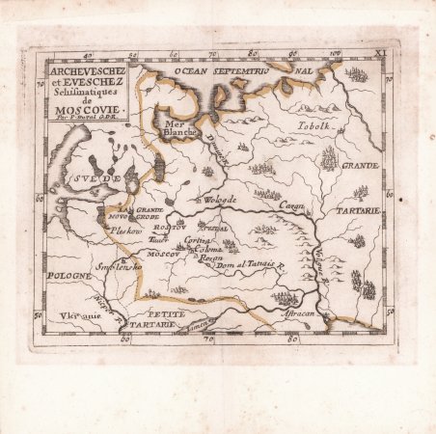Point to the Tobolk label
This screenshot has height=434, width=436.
click(x=313, y=126)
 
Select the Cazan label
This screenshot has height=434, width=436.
click(x=293, y=205)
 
